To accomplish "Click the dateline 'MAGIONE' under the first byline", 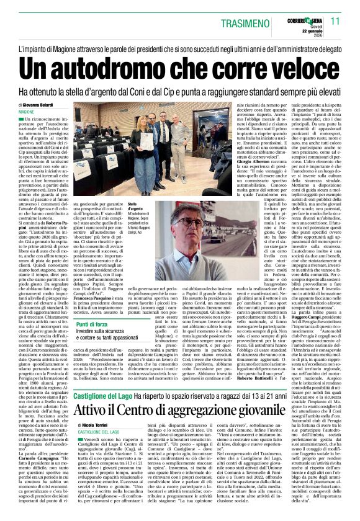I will pos(27,111).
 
